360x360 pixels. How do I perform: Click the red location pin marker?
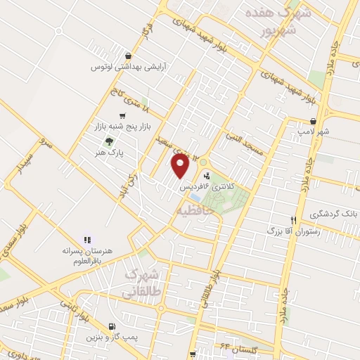coord(180,166)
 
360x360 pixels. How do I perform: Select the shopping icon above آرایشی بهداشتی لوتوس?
coord(127,56)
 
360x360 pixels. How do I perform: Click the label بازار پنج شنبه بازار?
coord(117,126)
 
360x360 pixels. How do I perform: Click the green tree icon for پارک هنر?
coord(108,141)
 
